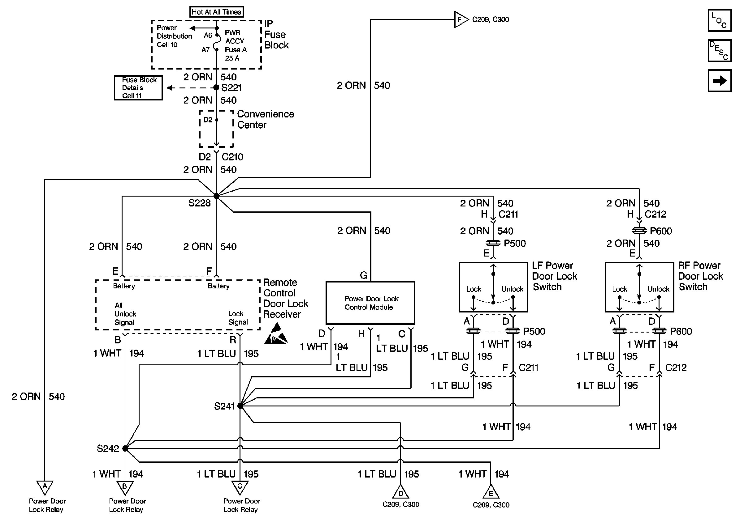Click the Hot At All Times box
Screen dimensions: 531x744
(216, 12)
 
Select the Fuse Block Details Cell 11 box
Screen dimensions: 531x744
(138, 88)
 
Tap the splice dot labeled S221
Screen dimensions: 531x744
(216, 88)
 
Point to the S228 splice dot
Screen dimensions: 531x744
(216, 196)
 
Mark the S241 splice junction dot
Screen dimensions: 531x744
(240, 406)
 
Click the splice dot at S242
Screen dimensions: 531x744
(125, 448)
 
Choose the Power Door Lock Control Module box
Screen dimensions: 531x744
(370, 303)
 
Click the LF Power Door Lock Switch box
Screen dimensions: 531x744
(493, 287)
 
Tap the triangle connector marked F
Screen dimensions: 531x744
(461, 19)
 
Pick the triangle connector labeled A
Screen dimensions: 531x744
(45, 487)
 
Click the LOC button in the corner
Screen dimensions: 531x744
(720, 20)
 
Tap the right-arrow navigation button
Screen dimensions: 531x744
(720, 80)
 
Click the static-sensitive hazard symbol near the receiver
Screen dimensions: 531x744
(276, 334)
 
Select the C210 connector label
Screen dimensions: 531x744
(232, 157)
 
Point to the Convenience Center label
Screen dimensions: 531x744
(265, 119)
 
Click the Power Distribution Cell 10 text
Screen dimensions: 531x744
(174, 36)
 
